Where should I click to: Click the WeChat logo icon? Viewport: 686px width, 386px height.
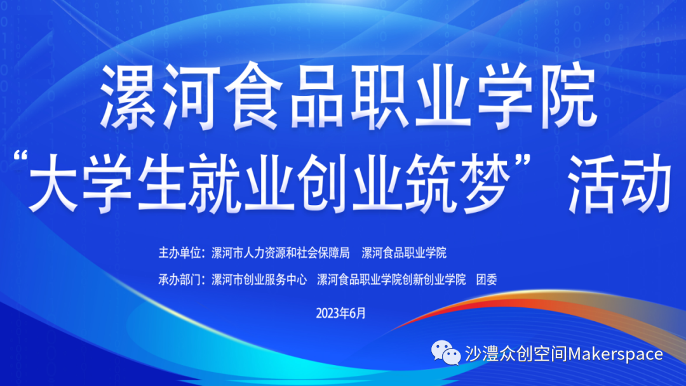[x=446, y=353]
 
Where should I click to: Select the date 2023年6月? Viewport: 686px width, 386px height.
[x=341, y=314]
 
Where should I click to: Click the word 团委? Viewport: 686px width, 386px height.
[x=487, y=279]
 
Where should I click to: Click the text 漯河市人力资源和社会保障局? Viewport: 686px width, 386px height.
[x=281, y=253]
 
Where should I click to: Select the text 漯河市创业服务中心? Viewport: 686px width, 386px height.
[x=259, y=279]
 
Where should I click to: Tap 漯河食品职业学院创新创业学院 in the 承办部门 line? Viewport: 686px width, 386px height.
[x=391, y=279]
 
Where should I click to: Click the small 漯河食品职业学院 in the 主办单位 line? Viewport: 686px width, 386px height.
[x=404, y=253]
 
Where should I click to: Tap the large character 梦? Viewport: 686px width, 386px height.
[x=487, y=183]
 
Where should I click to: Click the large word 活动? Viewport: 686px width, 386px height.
[x=619, y=183]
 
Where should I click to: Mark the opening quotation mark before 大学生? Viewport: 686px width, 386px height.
[x=20, y=156]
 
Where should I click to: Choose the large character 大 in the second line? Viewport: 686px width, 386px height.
[x=53, y=183]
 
